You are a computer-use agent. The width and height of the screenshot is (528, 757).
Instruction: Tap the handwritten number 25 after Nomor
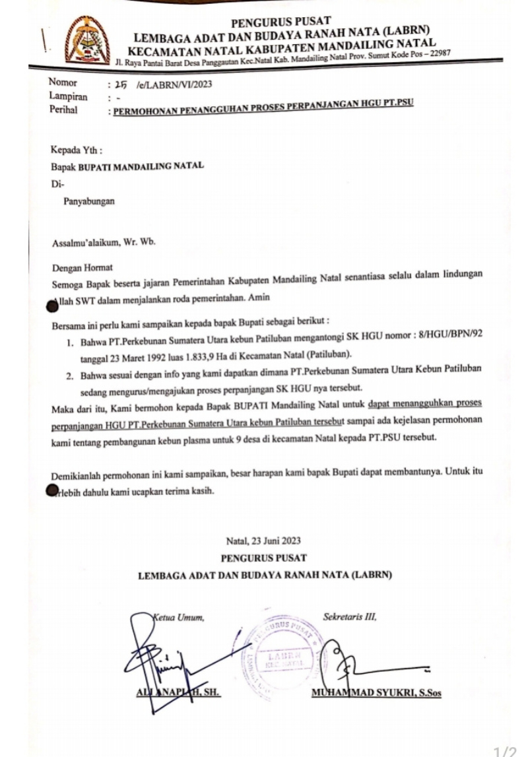point(120,84)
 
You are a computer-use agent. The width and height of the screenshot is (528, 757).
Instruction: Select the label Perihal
point(63,110)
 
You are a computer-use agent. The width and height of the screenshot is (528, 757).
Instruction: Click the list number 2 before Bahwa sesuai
point(69,375)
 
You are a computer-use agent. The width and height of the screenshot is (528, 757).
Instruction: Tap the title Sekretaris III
point(348,618)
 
